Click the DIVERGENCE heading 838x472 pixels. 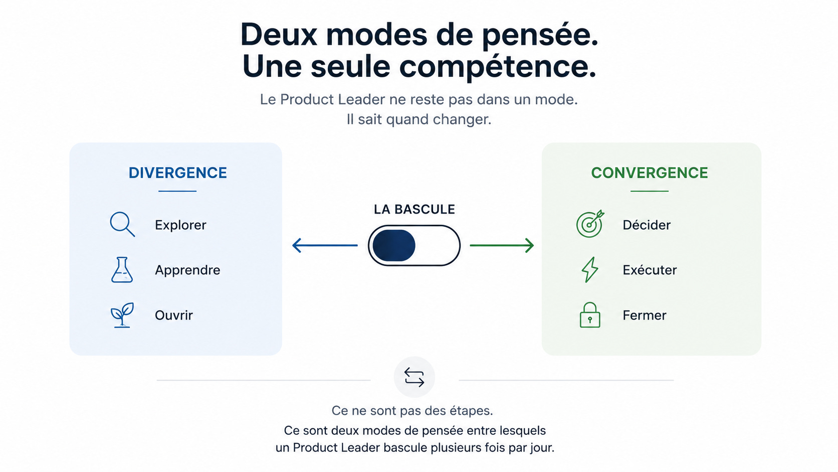point(178,173)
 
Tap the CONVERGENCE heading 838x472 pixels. point(650,173)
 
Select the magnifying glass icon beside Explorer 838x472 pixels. point(122,224)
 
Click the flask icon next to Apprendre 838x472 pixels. point(122,269)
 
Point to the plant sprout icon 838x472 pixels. point(122,315)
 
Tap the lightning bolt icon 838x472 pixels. point(589,269)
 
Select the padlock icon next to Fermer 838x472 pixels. point(590,315)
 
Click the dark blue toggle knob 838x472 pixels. point(394,246)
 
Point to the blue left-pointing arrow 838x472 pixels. point(325,246)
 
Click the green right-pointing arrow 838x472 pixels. point(502,246)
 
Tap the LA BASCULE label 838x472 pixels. point(414,209)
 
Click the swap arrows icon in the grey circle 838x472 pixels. point(414,377)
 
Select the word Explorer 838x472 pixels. point(180,225)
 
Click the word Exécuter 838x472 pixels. point(650,270)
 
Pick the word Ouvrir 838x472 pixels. point(174,315)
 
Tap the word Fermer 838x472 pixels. point(645,315)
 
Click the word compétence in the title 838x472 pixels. point(498,67)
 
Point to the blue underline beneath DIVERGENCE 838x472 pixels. point(177,191)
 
